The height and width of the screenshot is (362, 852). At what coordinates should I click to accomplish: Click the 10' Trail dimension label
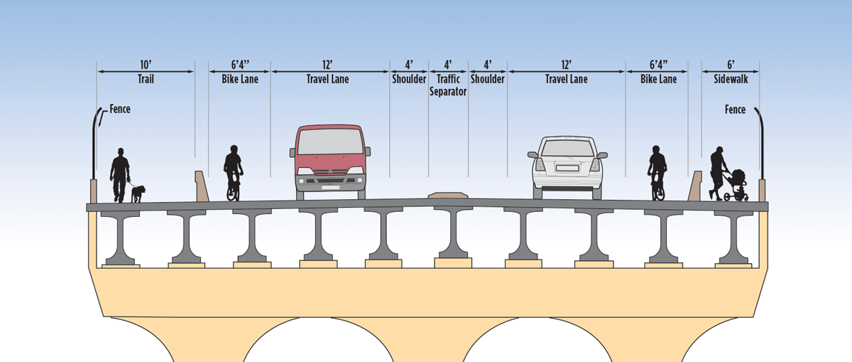coord(146,73)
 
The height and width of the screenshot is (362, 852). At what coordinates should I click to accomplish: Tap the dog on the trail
coord(138,193)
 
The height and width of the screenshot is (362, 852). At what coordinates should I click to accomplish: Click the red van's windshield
coord(330,142)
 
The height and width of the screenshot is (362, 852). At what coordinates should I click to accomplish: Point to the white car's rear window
coord(567,148)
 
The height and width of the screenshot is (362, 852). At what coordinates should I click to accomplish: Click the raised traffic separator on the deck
coord(447,194)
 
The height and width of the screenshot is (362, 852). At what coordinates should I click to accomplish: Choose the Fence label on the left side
coord(119,110)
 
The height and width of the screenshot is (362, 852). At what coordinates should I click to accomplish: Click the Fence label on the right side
coord(735,110)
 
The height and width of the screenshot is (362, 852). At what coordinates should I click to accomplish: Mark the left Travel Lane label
coord(328,80)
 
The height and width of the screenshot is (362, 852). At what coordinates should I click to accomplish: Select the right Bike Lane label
coord(658,80)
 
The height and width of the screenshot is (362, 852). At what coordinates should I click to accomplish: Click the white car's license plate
coord(567,169)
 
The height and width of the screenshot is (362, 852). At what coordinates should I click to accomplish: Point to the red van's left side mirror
coord(293,151)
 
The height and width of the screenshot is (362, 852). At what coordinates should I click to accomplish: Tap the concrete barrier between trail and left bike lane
coord(202,186)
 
